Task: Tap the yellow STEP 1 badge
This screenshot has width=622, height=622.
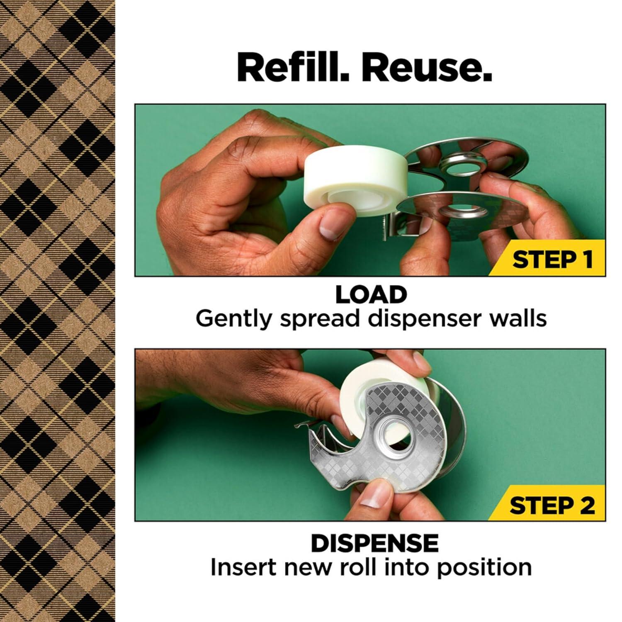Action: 552,259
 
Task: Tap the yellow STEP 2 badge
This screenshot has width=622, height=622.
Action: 552,505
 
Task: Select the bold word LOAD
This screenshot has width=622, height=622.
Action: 371,295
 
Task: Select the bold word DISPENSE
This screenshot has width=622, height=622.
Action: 374,543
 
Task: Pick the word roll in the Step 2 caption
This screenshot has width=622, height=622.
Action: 359,567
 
